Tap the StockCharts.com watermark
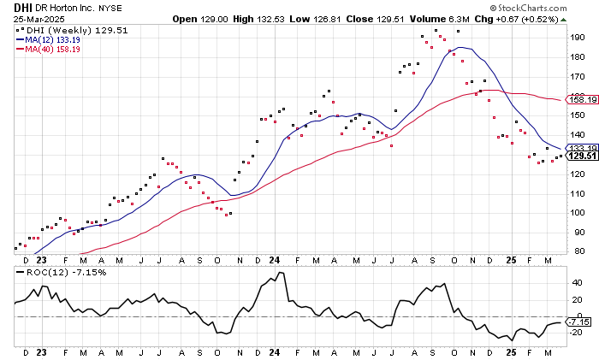(551, 7)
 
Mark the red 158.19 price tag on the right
(578, 100)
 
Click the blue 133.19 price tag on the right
(578, 148)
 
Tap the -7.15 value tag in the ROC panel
(578, 322)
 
